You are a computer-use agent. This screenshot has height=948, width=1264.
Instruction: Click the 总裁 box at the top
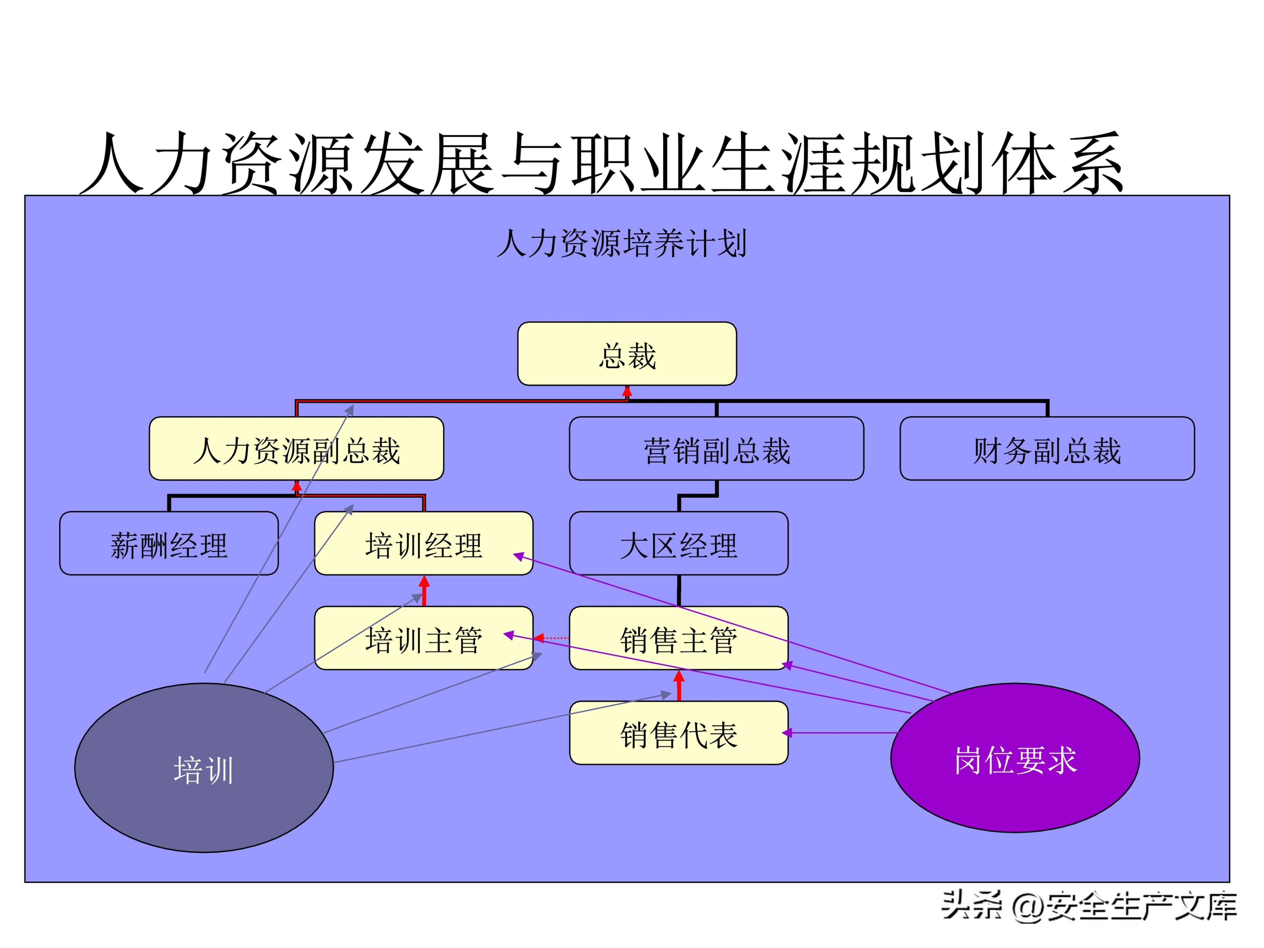pyautogui.click(x=627, y=354)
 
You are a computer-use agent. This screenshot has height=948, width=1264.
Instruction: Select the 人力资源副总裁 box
pyautogui.click(x=296, y=449)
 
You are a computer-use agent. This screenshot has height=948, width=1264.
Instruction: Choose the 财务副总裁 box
pyautogui.click(x=1047, y=449)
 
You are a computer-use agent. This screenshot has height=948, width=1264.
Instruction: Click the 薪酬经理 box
pyautogui.click(x=169, y=543)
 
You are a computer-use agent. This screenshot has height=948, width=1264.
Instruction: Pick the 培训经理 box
pyautogui.click(x=424, y=543)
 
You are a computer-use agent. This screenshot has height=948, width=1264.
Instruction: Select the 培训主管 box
pyautogui.click(x=424, y=638)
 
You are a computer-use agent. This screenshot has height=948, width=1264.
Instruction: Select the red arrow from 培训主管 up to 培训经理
pyautogui.click(x=424, y=591)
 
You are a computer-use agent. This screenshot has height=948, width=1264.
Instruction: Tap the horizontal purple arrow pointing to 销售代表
pyautogui.click(x=840, y=733)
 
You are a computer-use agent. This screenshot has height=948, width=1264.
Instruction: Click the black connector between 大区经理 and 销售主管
pyautogui.click(x=679, y=590)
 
